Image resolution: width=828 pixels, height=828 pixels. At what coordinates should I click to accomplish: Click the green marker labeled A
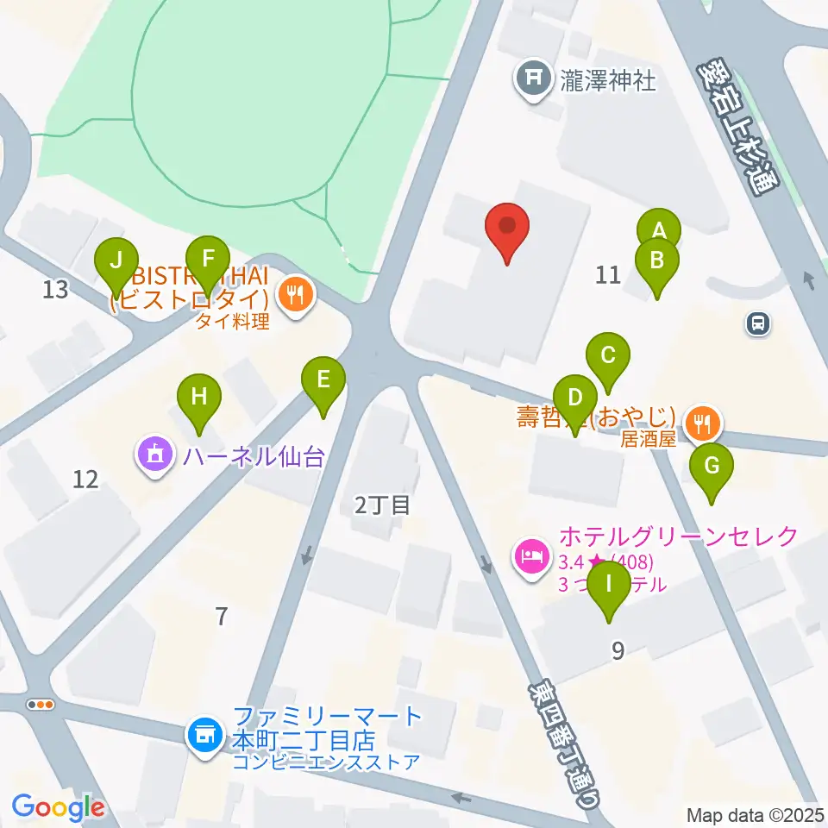(x=658, y=230)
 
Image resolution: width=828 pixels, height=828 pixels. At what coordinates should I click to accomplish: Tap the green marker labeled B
(x=656, y=260)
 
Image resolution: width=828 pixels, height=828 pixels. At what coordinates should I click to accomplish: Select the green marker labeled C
(x=608, y=354)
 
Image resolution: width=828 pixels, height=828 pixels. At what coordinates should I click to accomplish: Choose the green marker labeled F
(x=207, y=257)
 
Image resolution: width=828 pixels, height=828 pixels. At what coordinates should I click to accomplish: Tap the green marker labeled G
(x=712, y=467)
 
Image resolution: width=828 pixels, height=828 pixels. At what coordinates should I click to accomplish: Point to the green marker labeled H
(x=199, y=398)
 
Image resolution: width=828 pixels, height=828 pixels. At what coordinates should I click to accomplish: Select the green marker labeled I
(x=610, y=584)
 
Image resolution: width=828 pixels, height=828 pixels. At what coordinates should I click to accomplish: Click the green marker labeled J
(x=119, y=259)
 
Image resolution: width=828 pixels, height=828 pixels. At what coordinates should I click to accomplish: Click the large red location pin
(x=507, y=227)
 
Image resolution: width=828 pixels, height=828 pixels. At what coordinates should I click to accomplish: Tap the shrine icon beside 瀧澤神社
(x=533, y=79)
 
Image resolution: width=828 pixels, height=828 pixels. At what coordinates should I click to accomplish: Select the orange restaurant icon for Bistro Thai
(x=296, y=297)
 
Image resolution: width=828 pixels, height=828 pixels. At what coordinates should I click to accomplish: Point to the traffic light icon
(x=41, y=705)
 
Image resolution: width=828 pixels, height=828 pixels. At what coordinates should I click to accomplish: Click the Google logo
(x=58, y=807)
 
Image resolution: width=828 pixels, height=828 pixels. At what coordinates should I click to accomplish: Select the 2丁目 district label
(x=382, y=505)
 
